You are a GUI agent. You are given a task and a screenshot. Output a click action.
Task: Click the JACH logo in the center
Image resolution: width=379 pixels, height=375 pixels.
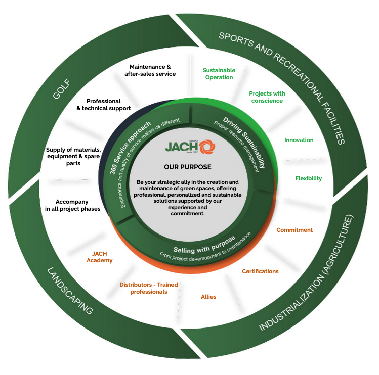[187, 147]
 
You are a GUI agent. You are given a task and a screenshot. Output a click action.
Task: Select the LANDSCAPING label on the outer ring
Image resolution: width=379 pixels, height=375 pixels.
[70, 290]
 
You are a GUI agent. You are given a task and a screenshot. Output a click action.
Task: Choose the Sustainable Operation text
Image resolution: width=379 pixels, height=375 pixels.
[219, 74]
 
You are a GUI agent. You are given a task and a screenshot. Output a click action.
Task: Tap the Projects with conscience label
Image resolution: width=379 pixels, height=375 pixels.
[267, 97]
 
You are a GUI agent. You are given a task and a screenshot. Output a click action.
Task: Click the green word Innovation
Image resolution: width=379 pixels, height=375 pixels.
[299, 140]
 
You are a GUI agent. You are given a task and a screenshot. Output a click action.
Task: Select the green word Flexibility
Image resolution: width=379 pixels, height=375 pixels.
[308, 178]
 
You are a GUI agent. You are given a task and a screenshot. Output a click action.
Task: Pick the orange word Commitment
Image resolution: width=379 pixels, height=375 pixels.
[294, 230]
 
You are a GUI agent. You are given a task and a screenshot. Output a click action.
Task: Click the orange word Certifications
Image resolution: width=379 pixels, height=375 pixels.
[260, 271]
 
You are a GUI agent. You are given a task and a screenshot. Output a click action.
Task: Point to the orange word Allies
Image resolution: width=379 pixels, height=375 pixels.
[208, 297]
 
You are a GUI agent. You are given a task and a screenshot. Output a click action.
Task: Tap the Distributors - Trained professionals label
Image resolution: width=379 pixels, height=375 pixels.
[149, 288]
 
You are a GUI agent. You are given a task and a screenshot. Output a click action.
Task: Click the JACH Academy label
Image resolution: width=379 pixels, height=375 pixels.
[99, 257]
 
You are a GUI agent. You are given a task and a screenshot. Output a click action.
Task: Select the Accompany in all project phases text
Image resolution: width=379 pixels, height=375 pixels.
[72, 205]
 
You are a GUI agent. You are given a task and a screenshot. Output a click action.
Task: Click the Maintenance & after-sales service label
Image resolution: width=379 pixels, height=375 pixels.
[150, 70]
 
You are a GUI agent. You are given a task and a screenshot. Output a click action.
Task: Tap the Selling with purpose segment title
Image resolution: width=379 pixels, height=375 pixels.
[204, 243]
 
